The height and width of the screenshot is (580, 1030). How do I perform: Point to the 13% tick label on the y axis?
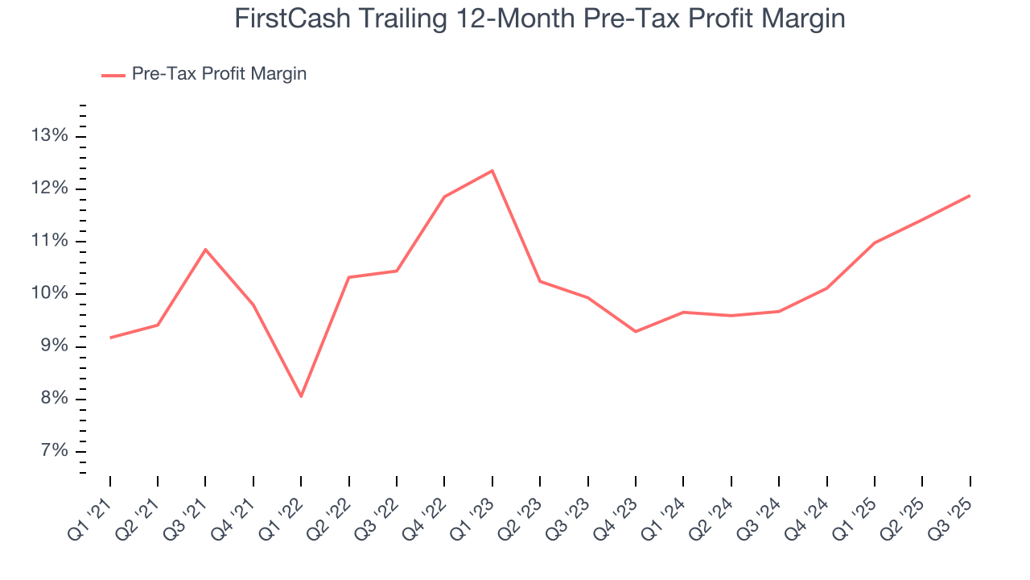(48, 136)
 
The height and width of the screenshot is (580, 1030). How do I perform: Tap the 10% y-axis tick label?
(48, 293)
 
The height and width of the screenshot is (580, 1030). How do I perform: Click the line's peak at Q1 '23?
(492, 171)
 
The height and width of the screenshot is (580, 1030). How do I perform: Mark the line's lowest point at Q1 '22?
(301, 396)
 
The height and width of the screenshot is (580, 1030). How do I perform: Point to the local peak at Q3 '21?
(205, 250)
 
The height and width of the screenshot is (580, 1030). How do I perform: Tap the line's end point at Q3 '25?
(970, 196)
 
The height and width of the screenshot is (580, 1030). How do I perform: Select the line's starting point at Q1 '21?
(110, 338)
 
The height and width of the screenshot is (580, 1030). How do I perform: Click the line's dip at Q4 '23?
(636, 331)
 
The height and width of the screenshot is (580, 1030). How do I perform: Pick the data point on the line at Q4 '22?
(444, 197)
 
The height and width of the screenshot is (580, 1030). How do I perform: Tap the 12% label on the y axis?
(48, 188)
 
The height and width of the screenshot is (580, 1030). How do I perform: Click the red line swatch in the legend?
(113, 75)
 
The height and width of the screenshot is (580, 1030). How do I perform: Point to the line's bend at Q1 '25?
(874, 242)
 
